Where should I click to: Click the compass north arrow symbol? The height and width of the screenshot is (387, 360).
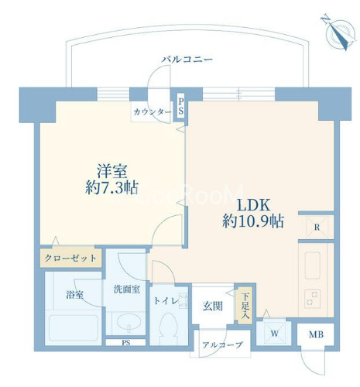(337, 33)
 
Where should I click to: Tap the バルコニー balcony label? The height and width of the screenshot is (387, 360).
(187, 59)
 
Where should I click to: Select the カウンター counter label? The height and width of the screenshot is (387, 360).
(152, 112)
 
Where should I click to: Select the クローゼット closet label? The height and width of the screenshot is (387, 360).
(70, 258)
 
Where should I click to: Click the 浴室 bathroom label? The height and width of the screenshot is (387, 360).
(75, 294)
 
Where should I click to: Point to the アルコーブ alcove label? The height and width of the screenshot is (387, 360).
(221, 344)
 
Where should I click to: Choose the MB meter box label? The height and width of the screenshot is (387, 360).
(317, 335)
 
